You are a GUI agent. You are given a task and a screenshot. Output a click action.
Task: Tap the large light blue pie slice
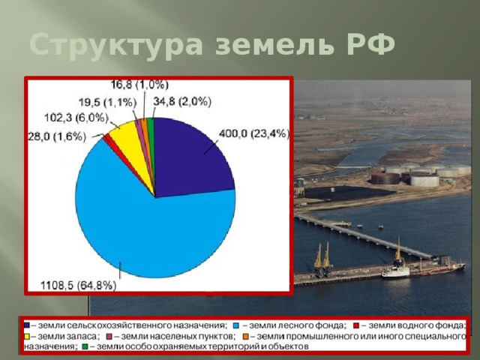142,225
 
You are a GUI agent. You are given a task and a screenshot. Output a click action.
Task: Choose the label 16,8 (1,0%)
139,84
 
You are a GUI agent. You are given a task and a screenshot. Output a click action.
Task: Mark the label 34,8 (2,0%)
181,101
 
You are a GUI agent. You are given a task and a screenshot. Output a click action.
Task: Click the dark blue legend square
27,325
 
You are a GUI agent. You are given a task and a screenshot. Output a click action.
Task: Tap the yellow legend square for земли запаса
27,336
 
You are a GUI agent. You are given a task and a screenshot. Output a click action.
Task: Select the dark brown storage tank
385,178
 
